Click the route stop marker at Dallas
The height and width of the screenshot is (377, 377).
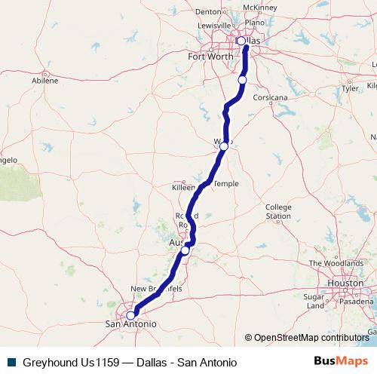(x=241, y=41)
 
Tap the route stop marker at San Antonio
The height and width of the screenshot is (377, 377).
(x=130, y=315)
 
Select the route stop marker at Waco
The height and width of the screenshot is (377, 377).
(x=224, y=146)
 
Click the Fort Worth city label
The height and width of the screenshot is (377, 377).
(x=210, y=57)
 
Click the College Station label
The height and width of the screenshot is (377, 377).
(x=278, y=211)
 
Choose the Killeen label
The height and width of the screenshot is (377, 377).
(x=185, y=185)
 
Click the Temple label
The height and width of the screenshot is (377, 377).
(x=226, y=184)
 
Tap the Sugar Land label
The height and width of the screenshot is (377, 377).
(x=314, y=302)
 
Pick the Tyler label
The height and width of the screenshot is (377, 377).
(x=350, y=88)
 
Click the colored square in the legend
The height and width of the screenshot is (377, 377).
(x=11, y=363)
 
